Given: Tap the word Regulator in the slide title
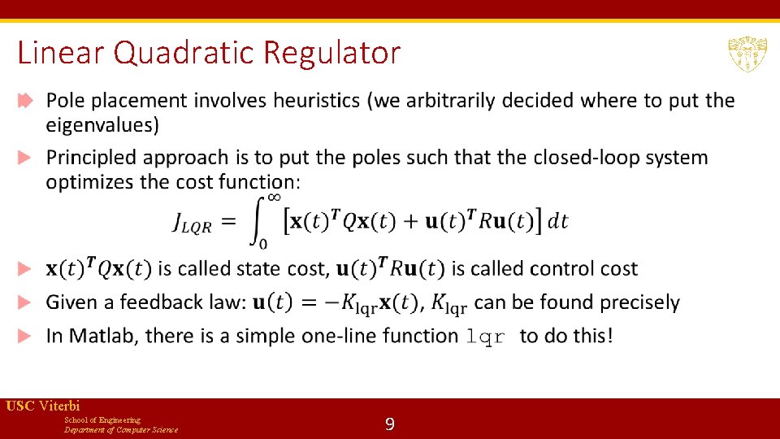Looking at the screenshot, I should tap(331, 54).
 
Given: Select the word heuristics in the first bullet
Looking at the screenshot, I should tap(317, 101).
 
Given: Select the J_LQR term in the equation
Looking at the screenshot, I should tap(192, 222).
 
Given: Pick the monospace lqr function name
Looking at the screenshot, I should tap(486, 337).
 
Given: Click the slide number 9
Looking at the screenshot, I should tap(390, 424).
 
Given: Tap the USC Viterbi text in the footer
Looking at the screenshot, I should tap(42, 406).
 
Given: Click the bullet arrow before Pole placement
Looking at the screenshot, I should tap(25, 101).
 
